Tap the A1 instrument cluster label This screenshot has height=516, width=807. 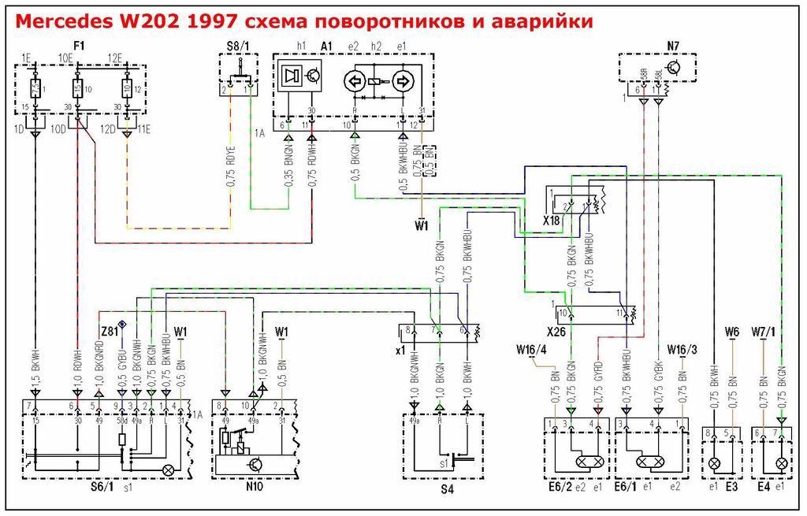(x=327, y=46)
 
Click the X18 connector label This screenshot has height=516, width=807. (x=551, y=222)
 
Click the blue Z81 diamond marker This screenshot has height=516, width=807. (x=123, y=325)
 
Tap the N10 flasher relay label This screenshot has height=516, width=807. (x=253, y=488)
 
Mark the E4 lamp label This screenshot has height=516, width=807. (x=764, y=488)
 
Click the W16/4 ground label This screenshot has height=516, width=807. (x=531, y=349)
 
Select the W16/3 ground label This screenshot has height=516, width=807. (x=682, y=349)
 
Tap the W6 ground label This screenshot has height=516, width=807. (x=731, y=331)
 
